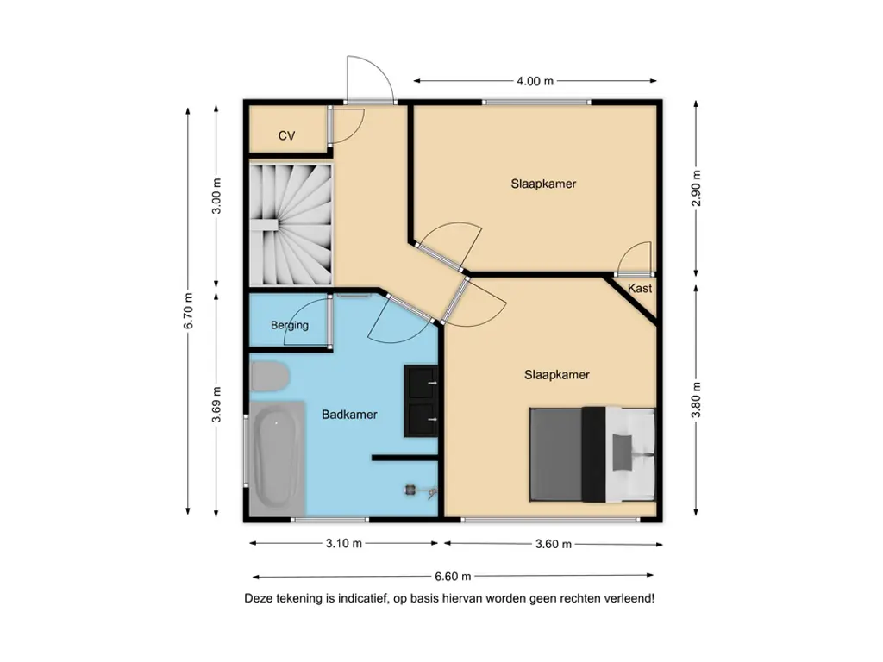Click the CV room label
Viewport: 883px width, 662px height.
[286, 136]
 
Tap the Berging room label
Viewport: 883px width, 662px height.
[289, 325]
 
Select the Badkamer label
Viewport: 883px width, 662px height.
[349, 415]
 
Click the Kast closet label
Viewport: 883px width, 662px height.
[640, 288]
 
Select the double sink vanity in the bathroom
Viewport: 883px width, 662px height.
[422, 399]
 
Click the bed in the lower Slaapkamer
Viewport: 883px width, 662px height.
[595, 453]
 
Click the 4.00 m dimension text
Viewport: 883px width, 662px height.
[535, 81]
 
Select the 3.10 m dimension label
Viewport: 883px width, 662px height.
[344, 544]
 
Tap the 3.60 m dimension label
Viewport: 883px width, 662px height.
[553, 544]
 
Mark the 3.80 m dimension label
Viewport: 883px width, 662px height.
[697, 400]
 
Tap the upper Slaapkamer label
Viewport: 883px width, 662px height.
[543, 184]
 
